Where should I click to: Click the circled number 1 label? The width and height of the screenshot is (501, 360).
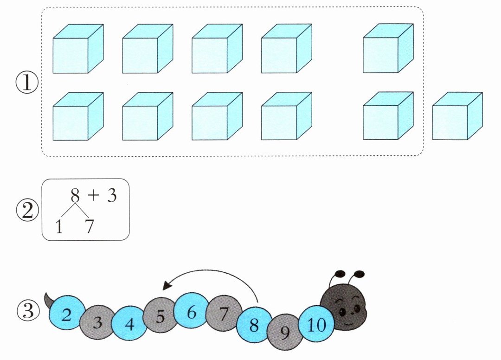27,83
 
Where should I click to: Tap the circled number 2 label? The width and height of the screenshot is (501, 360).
27,211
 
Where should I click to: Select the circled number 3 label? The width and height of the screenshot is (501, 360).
28,311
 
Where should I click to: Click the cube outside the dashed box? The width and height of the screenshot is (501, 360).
457,116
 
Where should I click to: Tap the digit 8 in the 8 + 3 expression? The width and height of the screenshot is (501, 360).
75,195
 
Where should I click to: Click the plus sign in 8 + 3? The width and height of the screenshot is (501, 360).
94,195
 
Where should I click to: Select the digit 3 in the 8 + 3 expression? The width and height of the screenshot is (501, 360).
112,195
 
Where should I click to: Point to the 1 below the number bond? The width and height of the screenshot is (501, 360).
59,227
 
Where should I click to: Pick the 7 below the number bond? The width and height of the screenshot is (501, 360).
89,227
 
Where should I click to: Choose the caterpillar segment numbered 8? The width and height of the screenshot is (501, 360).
254,325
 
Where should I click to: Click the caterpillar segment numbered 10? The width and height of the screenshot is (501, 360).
317,324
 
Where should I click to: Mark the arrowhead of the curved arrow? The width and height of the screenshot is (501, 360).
167,284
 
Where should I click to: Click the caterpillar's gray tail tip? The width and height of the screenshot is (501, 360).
45,293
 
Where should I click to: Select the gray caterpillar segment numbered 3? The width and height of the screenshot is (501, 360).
97,321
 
